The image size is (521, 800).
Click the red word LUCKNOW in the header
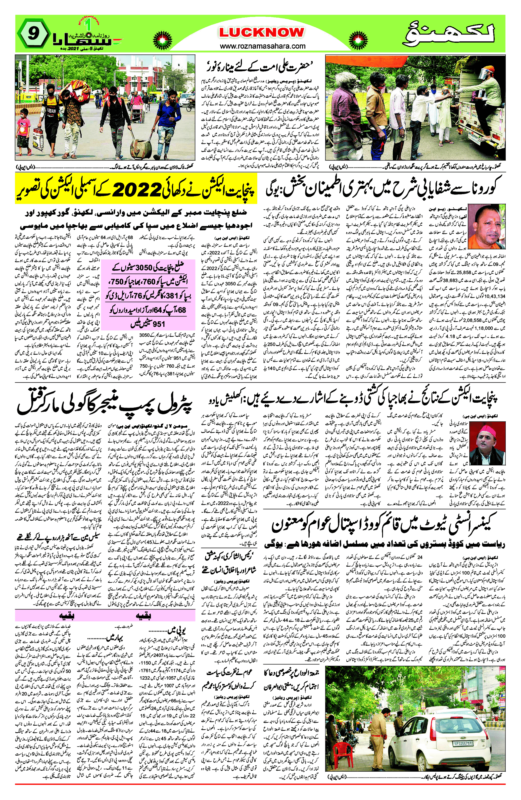(x=262, y=33)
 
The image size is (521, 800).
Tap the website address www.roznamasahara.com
(x=263, y=46)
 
